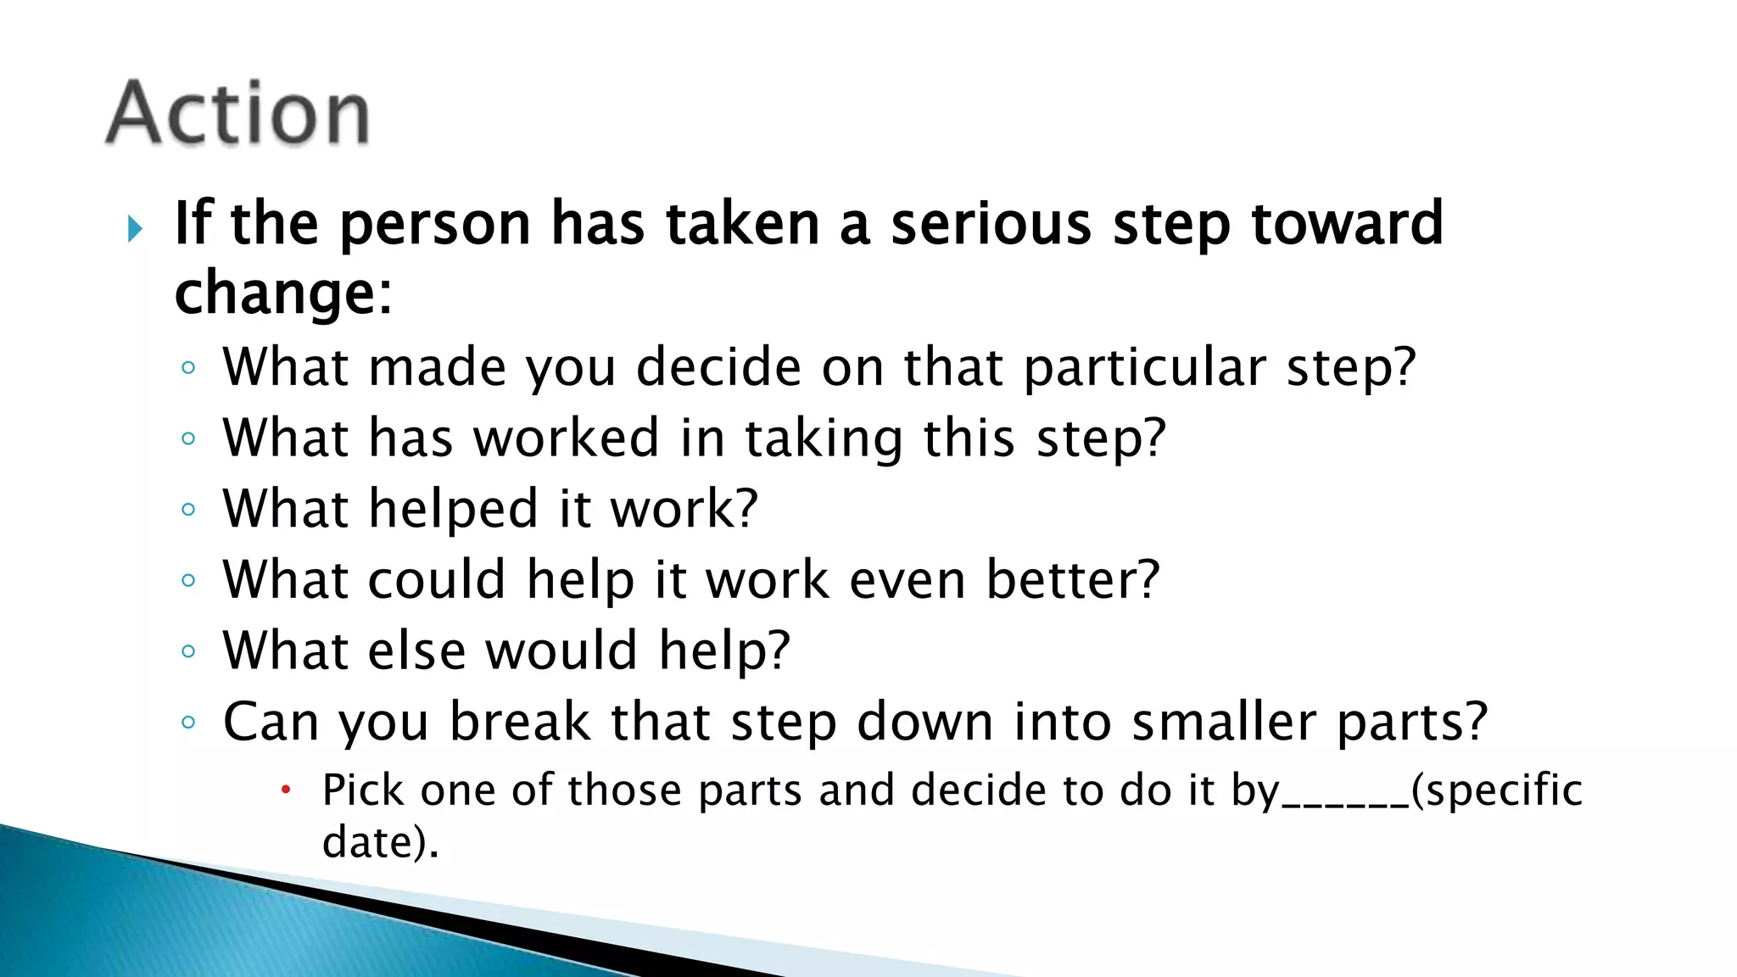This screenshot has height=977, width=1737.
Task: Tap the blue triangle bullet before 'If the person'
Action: point(134,228)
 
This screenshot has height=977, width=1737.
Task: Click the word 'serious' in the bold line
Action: point(991,224)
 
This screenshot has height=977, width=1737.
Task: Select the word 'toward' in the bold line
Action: point(1347,224)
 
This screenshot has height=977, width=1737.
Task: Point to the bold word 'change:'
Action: point(283,293)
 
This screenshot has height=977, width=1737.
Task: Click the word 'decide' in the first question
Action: point(718,368)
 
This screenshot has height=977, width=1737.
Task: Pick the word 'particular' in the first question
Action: point(1144,368)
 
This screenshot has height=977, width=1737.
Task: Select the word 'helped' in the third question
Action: point(454,510)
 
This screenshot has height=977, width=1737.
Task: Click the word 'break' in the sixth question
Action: point(519,722)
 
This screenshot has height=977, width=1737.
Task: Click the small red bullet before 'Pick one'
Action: point(286,790)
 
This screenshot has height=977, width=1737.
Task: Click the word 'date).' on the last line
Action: point(381,842)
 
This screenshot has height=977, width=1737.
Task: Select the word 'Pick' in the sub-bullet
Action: point(363,790)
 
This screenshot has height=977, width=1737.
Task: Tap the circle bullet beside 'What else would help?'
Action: point(188,651)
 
